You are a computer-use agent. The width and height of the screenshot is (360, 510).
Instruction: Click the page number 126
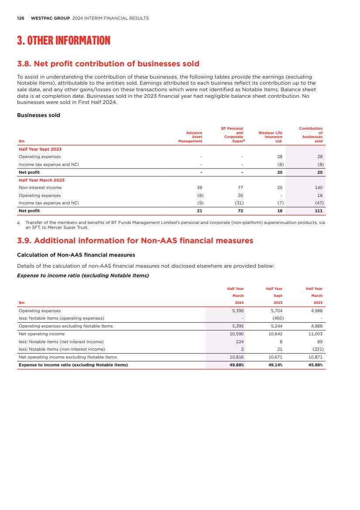(20, 18)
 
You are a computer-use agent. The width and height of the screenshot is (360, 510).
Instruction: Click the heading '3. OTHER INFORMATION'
(63, 41)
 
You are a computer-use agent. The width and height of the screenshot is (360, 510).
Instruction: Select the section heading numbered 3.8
(108, 64)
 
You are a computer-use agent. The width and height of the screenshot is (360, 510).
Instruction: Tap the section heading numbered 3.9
(134, 241)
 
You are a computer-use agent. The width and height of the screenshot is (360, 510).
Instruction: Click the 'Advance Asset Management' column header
(190, 137)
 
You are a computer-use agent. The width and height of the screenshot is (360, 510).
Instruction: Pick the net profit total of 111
(319, 210)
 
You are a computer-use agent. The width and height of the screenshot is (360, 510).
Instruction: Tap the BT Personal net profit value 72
(240, 210)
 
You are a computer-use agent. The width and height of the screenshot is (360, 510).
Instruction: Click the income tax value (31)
(238, 203)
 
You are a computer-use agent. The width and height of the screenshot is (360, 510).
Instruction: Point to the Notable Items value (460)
(276, 318)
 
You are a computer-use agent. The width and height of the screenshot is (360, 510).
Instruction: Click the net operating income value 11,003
(315, 334)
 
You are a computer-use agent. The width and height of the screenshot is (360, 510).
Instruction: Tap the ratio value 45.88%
(315, 365)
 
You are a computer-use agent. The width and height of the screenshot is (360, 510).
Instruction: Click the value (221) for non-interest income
(316, 349)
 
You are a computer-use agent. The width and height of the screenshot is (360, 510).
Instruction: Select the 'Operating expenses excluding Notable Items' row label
(65, 326)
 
